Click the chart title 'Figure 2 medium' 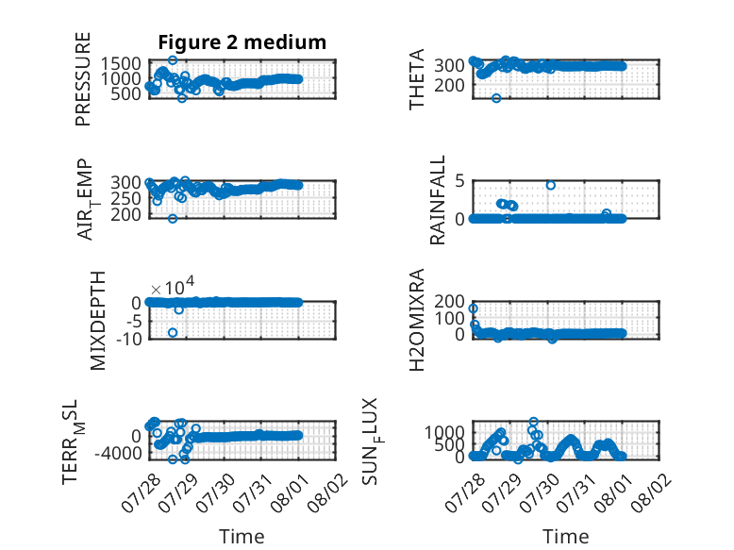tap(242, 42)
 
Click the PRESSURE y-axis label tap(82, 79)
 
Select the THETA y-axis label tap(416, 79)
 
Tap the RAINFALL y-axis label tap(437, 200)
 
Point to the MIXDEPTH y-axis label tap(98, 321)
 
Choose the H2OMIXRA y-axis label tap(416, 320)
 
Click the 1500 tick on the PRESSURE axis tap(122, 63)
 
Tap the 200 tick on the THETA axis tap(449, 86)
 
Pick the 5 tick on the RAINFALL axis tap(459, 181)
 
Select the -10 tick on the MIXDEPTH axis tap(128, 339)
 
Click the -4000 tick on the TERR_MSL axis tap(119, 453)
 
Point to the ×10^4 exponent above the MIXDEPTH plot tap(173, 287)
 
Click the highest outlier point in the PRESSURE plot tap(173, 60)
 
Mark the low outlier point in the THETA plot tap(496, 98)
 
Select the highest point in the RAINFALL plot tap(551, 185)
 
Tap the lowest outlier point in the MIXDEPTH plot tap(173, 332)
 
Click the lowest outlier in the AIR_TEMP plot tap(173, 219)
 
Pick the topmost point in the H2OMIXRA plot tap(474, 308)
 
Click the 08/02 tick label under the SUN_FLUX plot tap(651, 492)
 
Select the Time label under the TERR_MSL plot tap(242, 537)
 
